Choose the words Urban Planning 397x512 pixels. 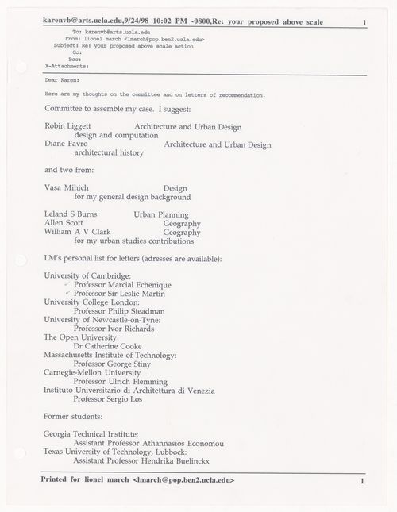161,214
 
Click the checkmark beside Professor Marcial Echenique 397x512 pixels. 67,283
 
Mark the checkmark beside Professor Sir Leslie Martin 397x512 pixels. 67,293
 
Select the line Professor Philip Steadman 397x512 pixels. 124,311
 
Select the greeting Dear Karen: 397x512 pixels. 63,79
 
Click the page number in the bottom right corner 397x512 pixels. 361,482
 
